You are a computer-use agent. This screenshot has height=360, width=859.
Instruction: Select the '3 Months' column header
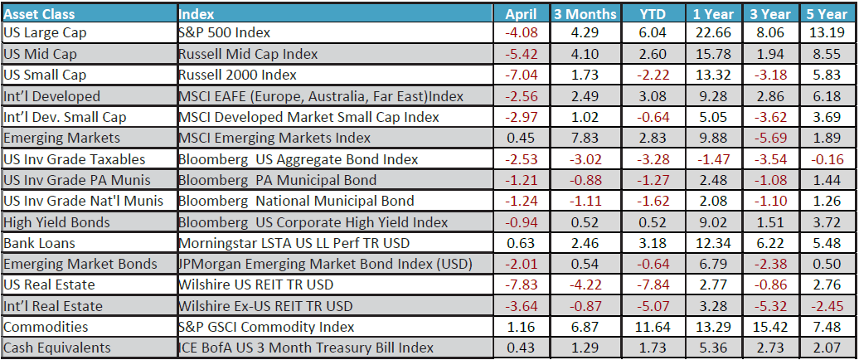[x=585, y=14]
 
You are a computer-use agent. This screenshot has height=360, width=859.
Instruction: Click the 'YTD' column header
[x=653, y=14]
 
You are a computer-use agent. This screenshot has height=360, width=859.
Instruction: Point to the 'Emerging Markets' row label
[x=62, y=139]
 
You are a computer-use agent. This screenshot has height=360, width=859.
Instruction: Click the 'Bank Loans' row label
[x=39, y=243]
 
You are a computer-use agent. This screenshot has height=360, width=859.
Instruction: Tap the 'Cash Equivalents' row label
[x=57, y=348]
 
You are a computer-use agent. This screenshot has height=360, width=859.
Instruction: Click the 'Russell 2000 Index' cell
[x=238, y=75]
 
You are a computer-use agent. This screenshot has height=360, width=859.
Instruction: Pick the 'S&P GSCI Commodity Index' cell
[x=266, y=327]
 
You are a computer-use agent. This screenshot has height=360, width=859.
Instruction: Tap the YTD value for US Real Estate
[x=653, y=285]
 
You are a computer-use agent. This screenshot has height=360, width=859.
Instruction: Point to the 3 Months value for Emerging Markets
[x=585, y=139]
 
